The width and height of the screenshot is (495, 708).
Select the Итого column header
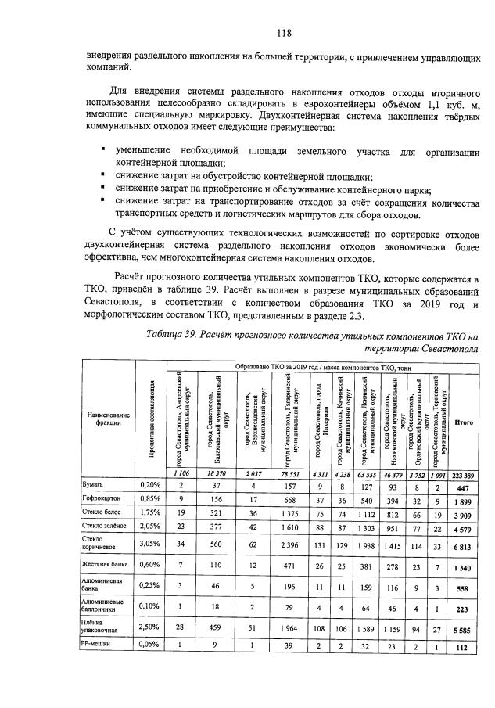[462, 421]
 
